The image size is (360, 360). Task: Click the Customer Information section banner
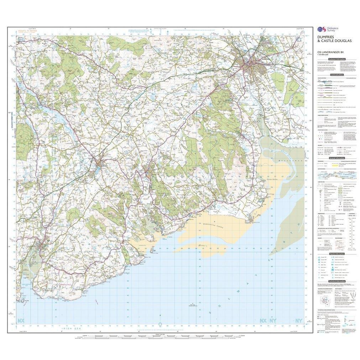click(x=336, y=59)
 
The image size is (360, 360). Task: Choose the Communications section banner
click(x=336, y=75)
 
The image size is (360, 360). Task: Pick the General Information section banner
click(x=336, y=158)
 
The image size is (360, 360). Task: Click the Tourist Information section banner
click(x=336, y=254)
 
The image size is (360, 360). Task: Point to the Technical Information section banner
click(x=336, y=281)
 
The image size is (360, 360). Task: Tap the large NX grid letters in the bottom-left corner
click(x=20, y=322)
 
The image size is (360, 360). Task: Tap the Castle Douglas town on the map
click(x=101, y=165)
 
